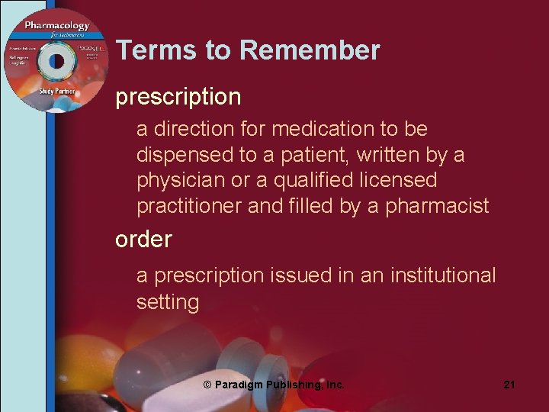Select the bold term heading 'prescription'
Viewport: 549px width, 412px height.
(178, 97)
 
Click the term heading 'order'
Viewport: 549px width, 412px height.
(143, 239)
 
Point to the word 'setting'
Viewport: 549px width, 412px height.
(167, 302)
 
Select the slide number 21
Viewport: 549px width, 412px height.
(509, 385)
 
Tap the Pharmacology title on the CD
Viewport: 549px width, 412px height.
(56, 27)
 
